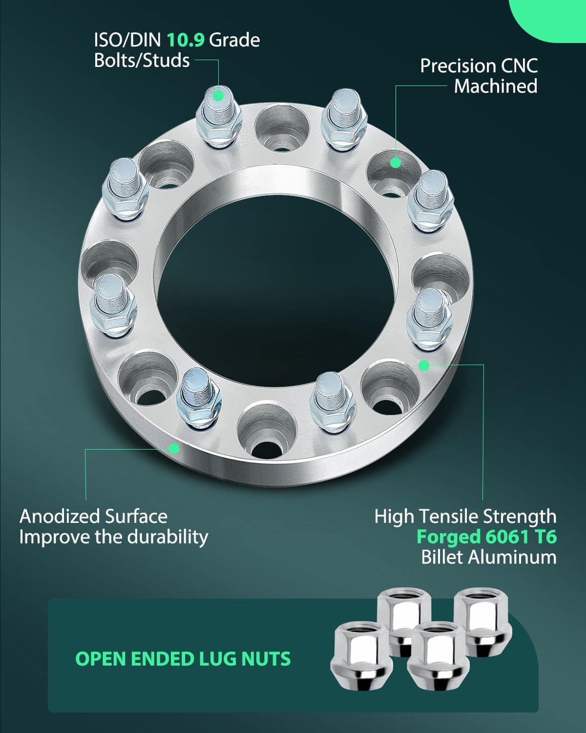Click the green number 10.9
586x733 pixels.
tap(186, 40)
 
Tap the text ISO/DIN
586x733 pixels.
tap(127, 40)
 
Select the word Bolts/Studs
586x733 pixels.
tap(142, 61)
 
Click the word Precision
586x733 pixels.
tap(457, 66)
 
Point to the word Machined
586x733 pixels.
tap(496, 86)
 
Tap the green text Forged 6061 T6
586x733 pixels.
tap(486, 537)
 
